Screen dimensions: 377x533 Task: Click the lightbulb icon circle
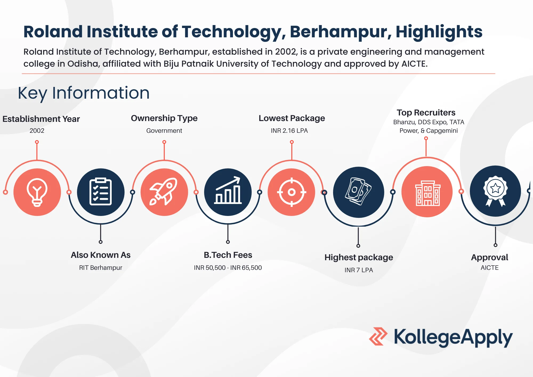(x=37, y=192)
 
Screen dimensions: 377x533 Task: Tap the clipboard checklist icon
(x=101, y=192)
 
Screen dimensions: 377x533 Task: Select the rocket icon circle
(x=164, y=192)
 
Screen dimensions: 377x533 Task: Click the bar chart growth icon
(x=228, y=192)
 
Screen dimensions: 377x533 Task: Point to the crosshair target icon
(x=292, y=192)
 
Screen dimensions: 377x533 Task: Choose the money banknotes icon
(x=358, y=192)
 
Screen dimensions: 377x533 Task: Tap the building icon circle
(x=427, y=192)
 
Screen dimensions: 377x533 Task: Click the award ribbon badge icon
(x=495, y=191)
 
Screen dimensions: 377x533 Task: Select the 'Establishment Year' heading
(x=41, y=119)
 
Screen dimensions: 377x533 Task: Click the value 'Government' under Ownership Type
(x=164, y=131)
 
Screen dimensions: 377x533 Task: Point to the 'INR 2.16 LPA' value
(x=289, y=131)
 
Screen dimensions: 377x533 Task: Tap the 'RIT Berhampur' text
(x=100, y=268)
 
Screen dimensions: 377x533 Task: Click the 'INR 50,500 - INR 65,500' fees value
(x=228, y=268)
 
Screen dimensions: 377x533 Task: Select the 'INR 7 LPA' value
(x=358, y=270)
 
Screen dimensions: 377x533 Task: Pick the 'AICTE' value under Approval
(x=490, y=268)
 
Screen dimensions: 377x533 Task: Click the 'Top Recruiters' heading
(x=426, y=113)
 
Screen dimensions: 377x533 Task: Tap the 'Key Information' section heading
(x=84, y=93)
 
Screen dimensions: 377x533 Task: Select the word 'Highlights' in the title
(x=439, y=32)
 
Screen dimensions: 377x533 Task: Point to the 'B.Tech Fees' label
(x=228, y=255)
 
